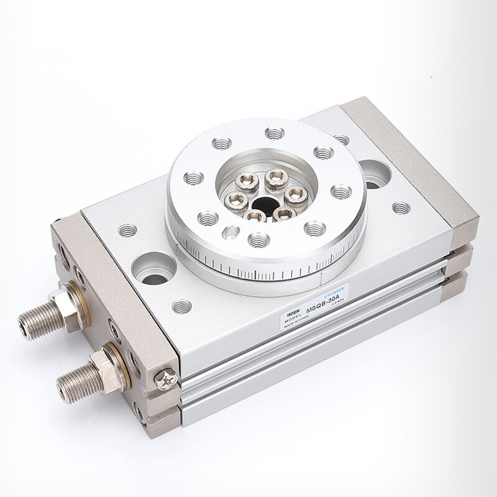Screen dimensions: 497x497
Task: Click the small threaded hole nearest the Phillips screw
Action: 181,306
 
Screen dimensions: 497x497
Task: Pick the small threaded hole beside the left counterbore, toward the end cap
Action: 127,229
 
